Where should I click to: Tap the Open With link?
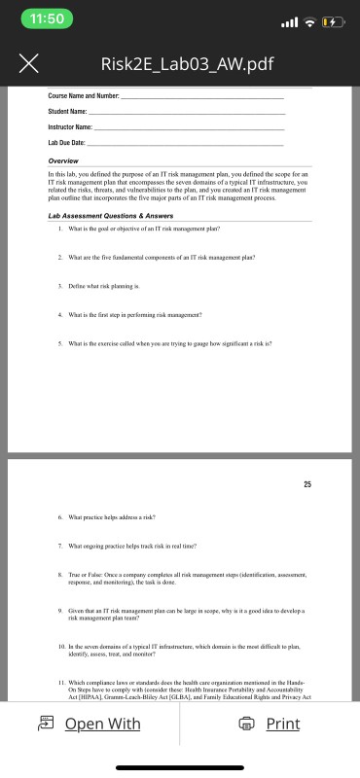point(102,724)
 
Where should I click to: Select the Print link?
point(282,724)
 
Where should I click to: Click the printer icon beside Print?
point(247,724)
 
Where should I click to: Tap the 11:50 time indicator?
point(46,20)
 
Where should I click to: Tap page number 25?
point(306,483)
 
